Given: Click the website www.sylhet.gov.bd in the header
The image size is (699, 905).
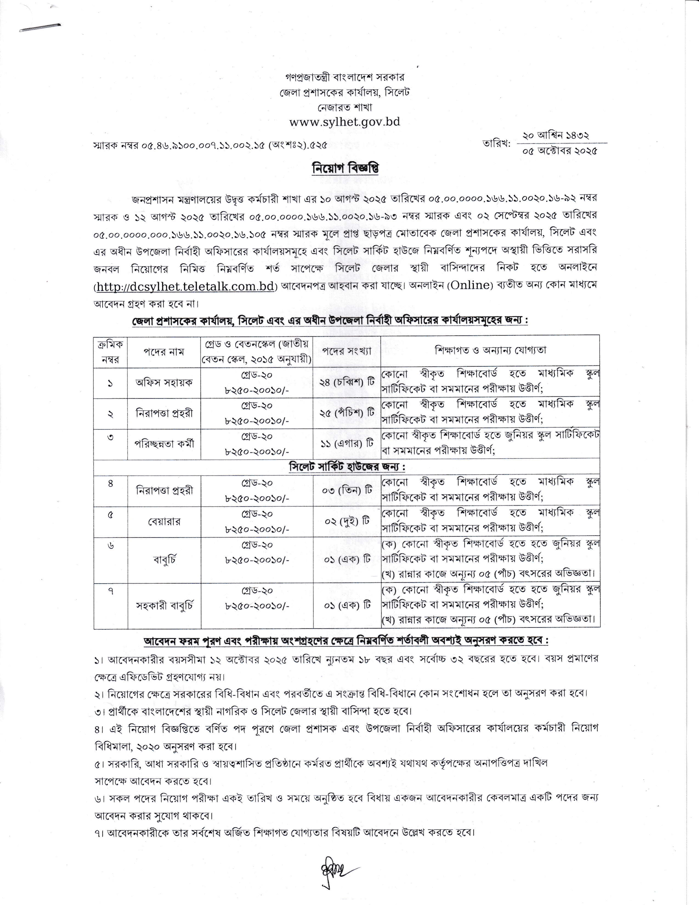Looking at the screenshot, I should click(345, 122).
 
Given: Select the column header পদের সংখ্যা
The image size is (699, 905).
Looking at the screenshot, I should click(347, 351).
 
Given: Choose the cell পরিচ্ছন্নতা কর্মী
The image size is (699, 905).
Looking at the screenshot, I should click(164, 443).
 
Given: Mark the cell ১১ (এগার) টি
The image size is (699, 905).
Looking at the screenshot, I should click(347, 443).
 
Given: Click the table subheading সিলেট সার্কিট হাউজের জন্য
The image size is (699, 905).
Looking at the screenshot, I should click(347, 467).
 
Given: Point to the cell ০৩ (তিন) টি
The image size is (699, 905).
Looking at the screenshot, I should click(347, 490).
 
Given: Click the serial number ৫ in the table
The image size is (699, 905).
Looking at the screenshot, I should click(110, 515).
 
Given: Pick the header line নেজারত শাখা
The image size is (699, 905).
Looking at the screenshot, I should click(345, 107).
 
